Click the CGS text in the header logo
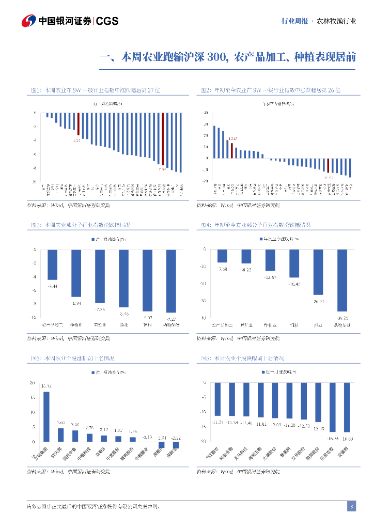click(x=107, y=21)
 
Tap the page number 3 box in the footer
click(x=351, y=506)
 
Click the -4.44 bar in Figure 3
click(x=52, y=265)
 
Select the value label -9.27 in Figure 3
click(x=171, y=319)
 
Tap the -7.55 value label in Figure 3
click(x=100, y=309)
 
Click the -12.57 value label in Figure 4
click(x=270, y=277)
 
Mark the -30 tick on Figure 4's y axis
click(x=204, y=301)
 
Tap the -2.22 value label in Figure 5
click(x=177, y=438)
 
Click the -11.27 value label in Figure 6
click(x=217, y=422)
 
